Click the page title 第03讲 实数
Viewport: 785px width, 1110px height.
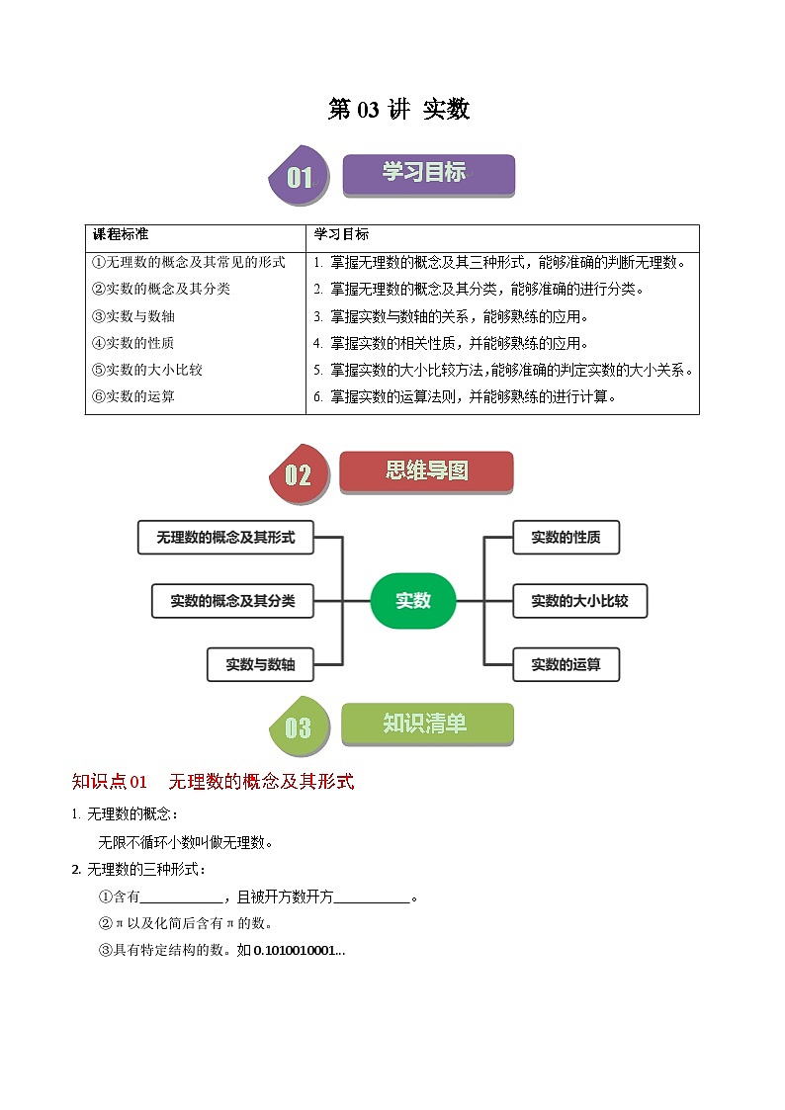tap(398, 110)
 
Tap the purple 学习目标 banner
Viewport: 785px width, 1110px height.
tap(428, 174)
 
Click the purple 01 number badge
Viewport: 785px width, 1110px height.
tap(298, 178)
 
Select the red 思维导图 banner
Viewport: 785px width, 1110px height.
tap(426, 471)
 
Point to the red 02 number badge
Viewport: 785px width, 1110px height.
tap(297, 475)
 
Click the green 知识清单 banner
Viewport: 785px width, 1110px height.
tap(427, 724)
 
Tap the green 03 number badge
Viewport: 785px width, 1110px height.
tap(297, 728)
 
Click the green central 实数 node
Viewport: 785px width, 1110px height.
tap(413, 600)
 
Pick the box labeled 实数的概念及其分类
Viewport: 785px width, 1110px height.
tap(232, 600)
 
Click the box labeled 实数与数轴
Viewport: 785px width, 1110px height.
tap(260, 664)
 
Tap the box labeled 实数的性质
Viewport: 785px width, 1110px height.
tap(566, 538)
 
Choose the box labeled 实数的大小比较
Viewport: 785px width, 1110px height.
tap(579, 600)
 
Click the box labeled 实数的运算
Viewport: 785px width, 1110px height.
tap(566, 664)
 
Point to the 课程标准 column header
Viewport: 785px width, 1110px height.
tap(121, 235)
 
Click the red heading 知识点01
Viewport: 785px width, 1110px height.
tap(110, 782)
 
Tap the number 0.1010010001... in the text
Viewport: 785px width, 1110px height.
tap(300, 951)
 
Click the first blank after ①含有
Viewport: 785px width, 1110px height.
tap(183, 897)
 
